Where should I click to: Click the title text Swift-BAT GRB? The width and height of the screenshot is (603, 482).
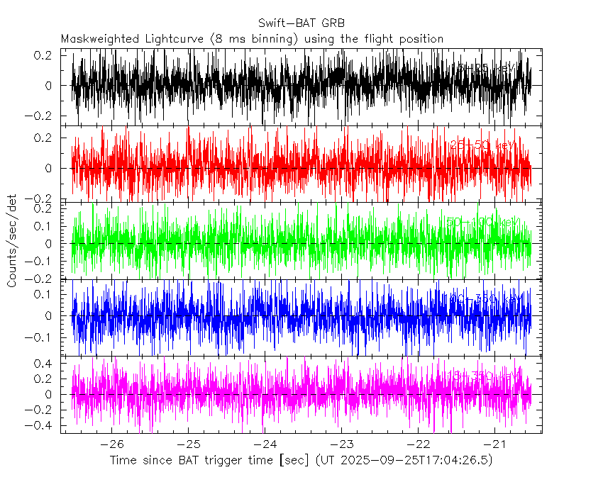coord(301,22)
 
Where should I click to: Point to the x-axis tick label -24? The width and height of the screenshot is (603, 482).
coord(265,444)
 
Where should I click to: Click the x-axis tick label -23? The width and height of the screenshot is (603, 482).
coord(341,444)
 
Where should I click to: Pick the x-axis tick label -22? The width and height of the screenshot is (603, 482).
coord(418,444)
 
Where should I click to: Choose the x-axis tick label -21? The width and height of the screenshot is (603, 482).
coord(494,444)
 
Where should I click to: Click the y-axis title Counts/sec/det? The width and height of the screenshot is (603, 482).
coord(12,241)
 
